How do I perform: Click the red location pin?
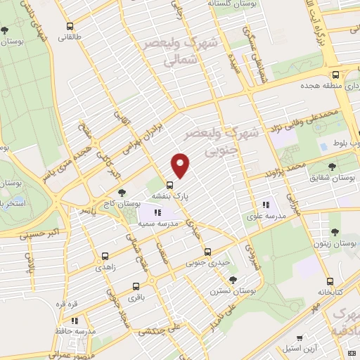tap(181, 165)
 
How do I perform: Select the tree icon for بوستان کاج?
tap(123, 192)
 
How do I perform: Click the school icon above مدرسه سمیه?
tap(158, 212)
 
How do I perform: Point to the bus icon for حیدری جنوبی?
tap(207, 252)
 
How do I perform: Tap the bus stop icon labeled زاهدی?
tap(105, 257)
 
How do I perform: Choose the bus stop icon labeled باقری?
tap(136, 287)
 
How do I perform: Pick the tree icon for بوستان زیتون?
tap(334, 231)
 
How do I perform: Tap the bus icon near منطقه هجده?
tap(336, 75)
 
